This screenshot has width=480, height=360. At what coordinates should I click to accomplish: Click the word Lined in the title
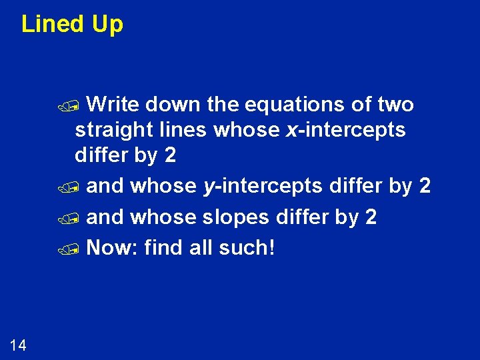[53, 25]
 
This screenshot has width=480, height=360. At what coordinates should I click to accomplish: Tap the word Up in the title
[107, 25]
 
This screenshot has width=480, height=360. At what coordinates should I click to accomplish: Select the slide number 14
[18, 345]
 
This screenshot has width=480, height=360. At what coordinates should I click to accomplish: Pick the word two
[395, 105]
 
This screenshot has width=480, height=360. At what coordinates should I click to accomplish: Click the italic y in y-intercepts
[208, 187]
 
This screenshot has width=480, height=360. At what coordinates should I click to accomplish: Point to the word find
[163, 248]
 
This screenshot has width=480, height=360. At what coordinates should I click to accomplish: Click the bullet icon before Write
[79, 106]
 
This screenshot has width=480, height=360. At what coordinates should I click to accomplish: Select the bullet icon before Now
[79, 250]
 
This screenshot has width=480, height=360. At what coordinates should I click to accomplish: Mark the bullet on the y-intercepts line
[79, 188]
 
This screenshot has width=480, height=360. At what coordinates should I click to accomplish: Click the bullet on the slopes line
[79, 219]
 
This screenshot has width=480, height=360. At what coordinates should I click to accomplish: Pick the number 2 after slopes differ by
[371, 217]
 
